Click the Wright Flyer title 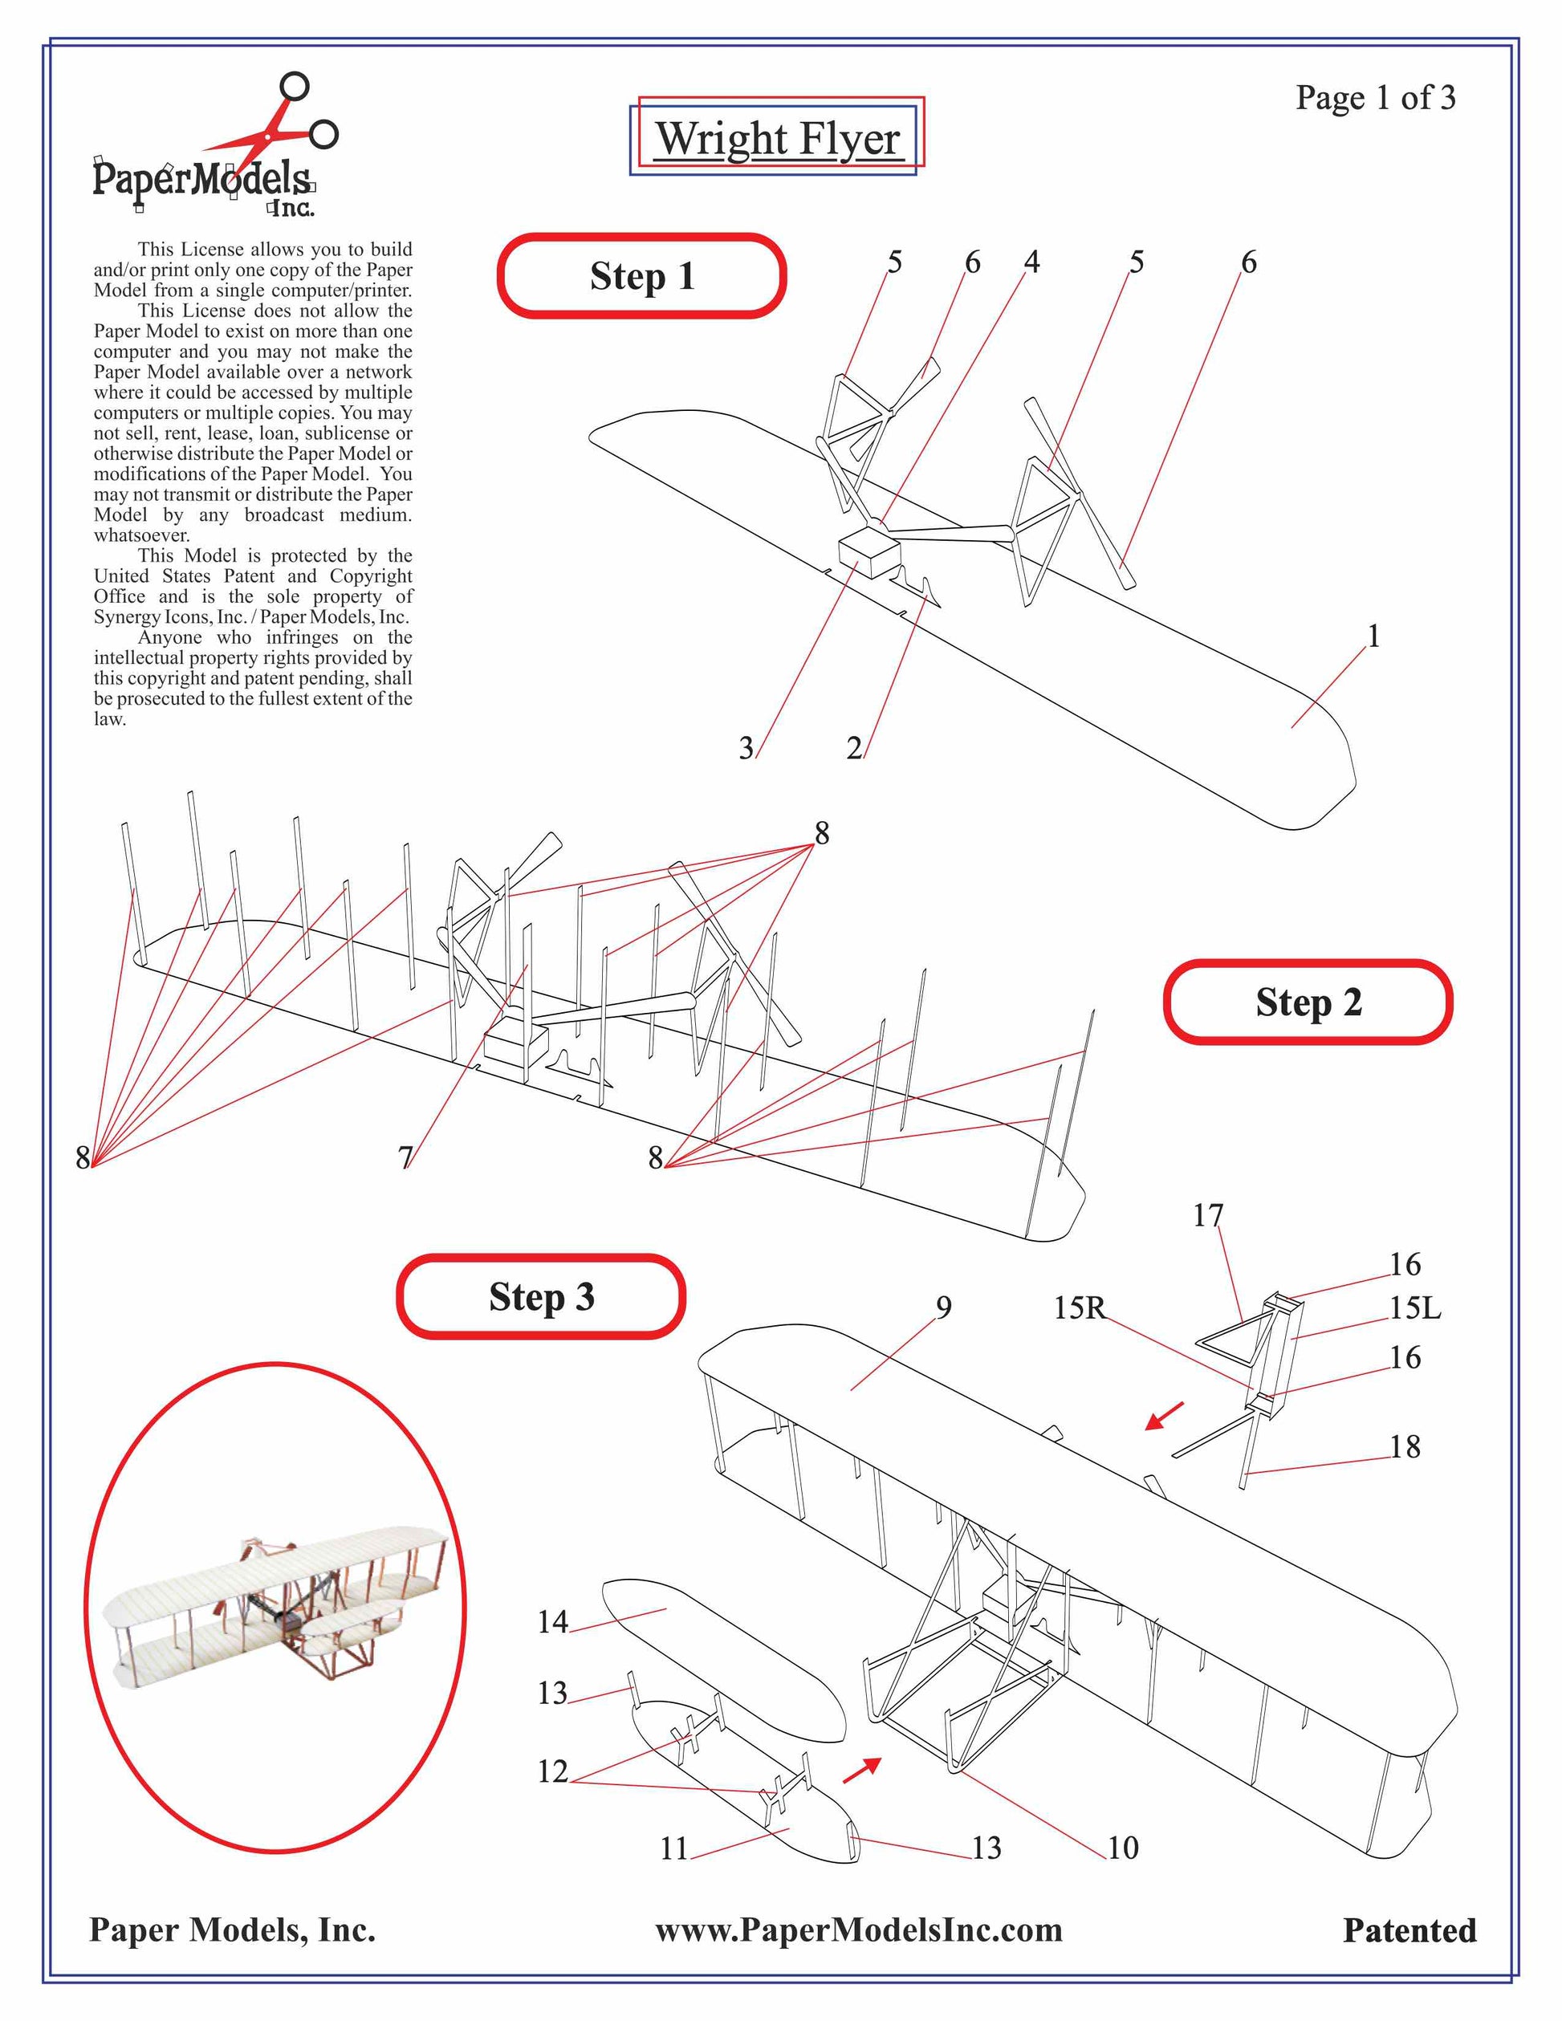click(777, 139)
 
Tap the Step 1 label click(642, 276)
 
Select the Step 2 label click(1308, 1002)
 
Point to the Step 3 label click(541, 1296)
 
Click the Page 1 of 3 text click(1375, 97)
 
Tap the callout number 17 click(1207, 1215)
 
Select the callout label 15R click(1079, 1307)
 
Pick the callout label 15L click(1415, 1307)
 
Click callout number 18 click(1405, 1446)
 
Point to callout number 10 click(1122, 1848)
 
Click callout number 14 click(552, 1621)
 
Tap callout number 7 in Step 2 click(405, 1157)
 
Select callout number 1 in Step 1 click(1373, 636)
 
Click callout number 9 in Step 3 click(943, 1307)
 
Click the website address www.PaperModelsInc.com click(859, 1930)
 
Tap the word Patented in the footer click(1409, 1931)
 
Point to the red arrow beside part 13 click(861, 1771)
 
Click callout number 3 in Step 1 click(746, 748)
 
